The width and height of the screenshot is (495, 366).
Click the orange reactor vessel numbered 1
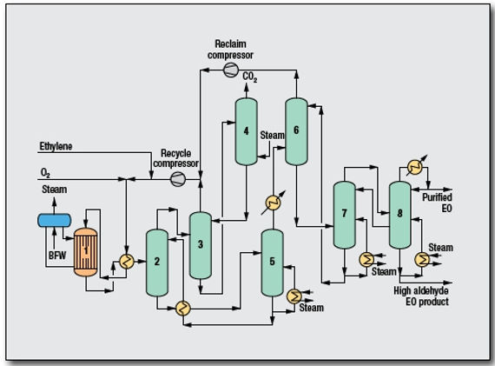coord(86,250)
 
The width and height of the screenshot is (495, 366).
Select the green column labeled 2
coord(157,262)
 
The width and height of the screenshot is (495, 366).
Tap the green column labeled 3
coord(201,244)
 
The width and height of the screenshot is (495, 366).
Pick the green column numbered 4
coord(246,130)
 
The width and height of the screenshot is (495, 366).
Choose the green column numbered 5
coord(272,261)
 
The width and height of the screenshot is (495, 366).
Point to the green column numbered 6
coord(296,130)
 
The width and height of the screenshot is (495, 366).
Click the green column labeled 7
coord(345,213)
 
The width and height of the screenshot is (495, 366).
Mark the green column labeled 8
coord(399,213)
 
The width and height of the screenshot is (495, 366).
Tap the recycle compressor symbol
coord(178,178)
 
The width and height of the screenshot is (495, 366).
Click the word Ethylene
coord(56,147)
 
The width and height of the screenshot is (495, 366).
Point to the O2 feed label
coord(45,172)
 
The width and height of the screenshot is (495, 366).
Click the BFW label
coord(56,256)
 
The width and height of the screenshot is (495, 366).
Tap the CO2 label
coord(251,77)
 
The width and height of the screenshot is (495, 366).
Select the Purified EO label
coord(437,202)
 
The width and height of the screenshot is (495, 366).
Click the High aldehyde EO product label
coord(421,296)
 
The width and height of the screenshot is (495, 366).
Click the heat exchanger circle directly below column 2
coord(183,307)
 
